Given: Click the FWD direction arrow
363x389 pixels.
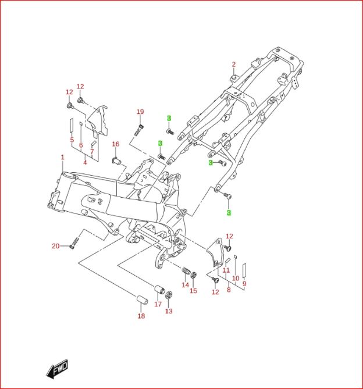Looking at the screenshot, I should coord(57,369).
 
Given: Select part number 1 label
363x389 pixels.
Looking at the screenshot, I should coord(63,158).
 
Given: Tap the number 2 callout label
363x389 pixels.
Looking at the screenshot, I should coord(234,65).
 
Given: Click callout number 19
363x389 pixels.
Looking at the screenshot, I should coord(140,112).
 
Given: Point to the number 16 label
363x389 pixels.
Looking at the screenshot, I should coord(115,144).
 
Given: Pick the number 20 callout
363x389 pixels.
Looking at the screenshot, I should coord(56,246).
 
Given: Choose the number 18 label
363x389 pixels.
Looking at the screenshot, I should coord(141,316).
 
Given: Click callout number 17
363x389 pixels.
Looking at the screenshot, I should coord(158,304).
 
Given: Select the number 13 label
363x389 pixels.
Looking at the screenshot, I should coord(169,311).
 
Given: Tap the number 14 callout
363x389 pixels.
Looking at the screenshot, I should coord(185,285).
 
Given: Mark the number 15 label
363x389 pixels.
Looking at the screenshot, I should coord(194,291).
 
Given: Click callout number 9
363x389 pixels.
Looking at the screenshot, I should coord(244,284).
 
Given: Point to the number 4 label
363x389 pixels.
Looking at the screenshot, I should coord(85,162).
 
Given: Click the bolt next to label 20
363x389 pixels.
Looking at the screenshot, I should coord(74,241).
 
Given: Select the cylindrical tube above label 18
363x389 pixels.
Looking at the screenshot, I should coord(140,300).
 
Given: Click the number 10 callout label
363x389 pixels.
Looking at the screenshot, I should coord(236,279).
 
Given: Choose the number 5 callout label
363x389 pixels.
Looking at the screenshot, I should coord(72,140).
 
